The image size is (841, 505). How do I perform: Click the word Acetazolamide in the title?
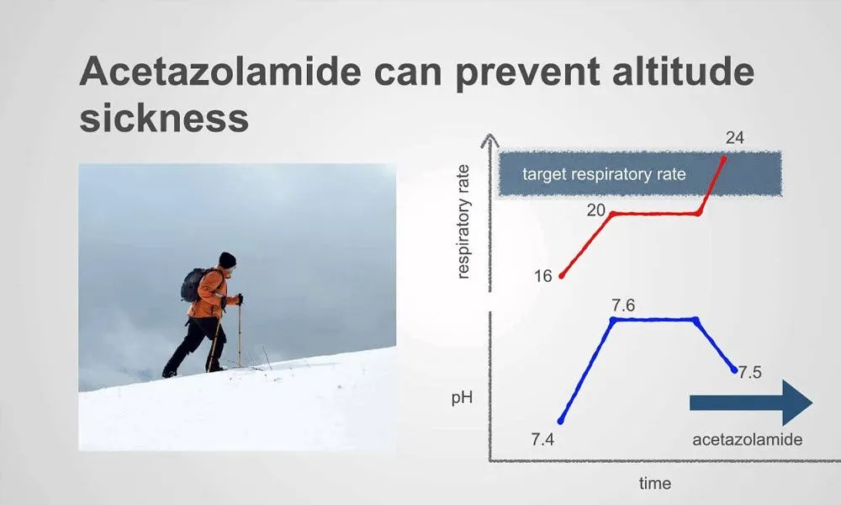tap(220, 71)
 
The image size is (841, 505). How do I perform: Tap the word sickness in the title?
tap(164, 118)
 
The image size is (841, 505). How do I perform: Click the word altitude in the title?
tap(683, 71)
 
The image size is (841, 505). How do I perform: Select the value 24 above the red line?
tap(734, 138)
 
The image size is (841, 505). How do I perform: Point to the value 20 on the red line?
tap(595, 210)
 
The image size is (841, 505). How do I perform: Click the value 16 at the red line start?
tap(542, 276)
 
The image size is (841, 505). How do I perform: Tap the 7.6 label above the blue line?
tap(623, 306)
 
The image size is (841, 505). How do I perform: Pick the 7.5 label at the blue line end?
tap(750, 373)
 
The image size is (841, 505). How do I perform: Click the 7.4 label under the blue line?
tap(542, 439)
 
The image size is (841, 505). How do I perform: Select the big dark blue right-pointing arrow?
tap(751, 402)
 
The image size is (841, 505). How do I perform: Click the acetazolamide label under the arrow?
tap(747, 439)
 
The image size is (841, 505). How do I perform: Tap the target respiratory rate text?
tap(604, 174)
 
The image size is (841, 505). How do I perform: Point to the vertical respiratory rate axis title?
tap(463, 221)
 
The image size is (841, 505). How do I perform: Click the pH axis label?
tap(462, 398)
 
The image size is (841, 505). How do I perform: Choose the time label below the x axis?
tap(655, 483)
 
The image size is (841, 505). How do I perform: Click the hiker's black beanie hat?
tap(227, 260)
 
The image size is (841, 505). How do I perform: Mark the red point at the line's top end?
tap(724, 159)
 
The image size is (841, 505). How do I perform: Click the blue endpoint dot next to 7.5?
tap(733, 369)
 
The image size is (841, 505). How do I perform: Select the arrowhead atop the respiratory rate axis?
tap(489, 141)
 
